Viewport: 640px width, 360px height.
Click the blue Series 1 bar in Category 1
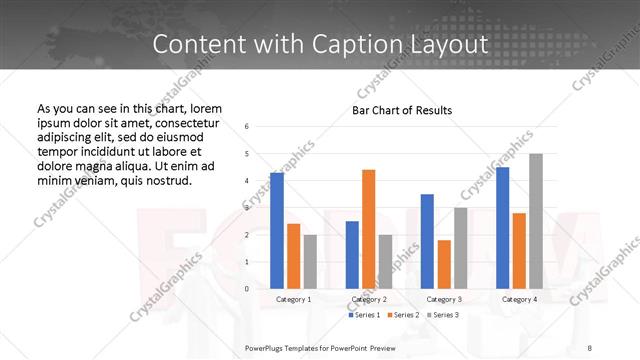coord(277,230)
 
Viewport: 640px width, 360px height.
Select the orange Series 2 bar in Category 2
coord(368,229)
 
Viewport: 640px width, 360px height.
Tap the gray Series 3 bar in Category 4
coord(536,221)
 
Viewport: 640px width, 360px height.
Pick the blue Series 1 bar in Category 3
coord(427,241)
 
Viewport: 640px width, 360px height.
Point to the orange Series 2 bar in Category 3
coord(444,264)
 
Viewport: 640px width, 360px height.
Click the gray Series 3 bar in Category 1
coord(310,261)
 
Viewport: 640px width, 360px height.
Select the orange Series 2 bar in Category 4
coord(519,250)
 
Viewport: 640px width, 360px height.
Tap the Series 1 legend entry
coord(364,315)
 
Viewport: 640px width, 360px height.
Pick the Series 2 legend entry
coord(402,315)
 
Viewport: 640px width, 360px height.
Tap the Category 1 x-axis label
coord(293,299)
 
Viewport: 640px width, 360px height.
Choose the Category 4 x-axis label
coord(519,299)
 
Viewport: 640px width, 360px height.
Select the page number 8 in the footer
coord(590,347)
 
